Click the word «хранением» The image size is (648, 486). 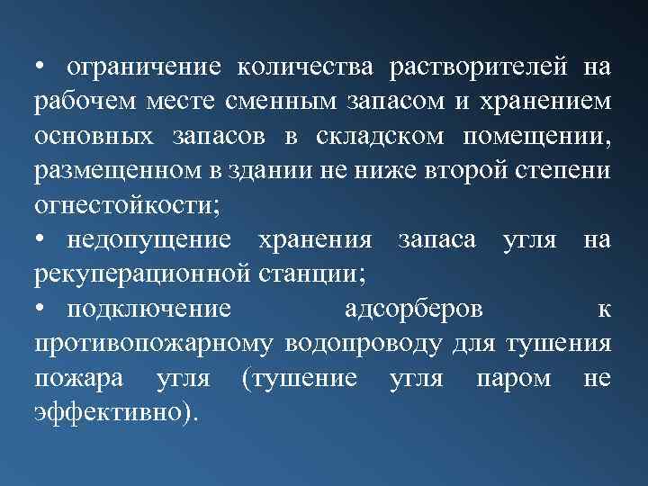click(547, 101)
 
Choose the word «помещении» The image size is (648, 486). click(537, 135)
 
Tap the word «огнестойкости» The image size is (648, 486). click(123, 204)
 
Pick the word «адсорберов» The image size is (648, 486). click(414, 308)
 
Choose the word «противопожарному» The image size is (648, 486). click(156, 343)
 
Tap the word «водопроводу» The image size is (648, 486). click(364, 343)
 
